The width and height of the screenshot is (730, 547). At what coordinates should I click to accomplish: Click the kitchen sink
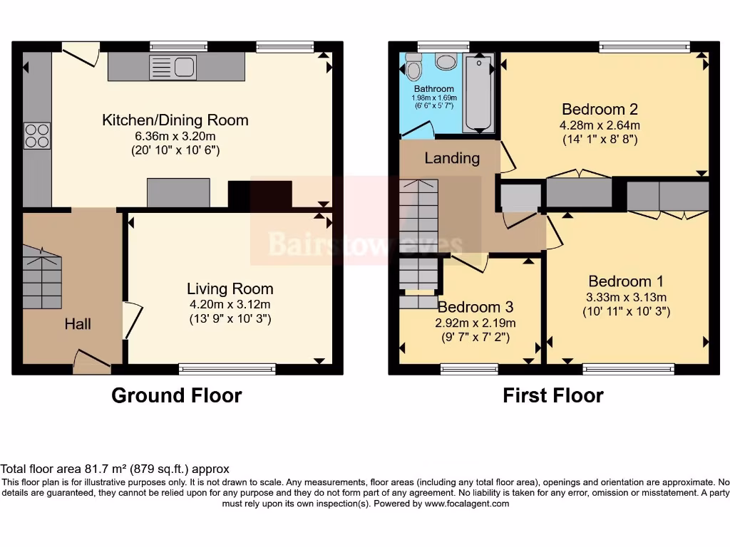click(x=174, y=67)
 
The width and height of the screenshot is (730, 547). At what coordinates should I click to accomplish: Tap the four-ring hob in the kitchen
click(x=37, y=135)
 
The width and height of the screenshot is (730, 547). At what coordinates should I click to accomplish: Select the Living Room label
click(x=230, y=288)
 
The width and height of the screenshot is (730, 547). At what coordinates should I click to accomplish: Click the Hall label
click(x=78, y=324)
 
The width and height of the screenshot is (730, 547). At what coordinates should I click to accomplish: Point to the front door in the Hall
click(x=92, y=363)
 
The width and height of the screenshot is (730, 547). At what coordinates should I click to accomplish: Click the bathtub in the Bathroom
click(x=478, y=93)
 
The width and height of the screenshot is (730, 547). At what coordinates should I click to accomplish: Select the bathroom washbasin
click(x=446, y=61)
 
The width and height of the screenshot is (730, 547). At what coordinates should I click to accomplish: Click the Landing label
click(x=452, y=158)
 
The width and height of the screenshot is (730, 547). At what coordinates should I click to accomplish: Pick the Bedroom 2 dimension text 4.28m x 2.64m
click(x=600, y=125)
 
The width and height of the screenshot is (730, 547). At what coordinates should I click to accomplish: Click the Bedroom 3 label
click(x=475, y=307)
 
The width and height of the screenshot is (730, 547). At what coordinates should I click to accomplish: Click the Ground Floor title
click(x=176, y=395)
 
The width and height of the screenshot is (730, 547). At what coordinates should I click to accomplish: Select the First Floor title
click(x=553, y=395)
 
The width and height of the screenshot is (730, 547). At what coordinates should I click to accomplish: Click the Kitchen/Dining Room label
click(x=175, y=120)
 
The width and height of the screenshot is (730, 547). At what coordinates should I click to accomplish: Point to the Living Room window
click(x=227, y=368)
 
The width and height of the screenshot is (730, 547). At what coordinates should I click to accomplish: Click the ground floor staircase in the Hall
click(x=42, y=278)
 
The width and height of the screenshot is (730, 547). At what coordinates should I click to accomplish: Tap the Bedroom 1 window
click(x=628, y=368)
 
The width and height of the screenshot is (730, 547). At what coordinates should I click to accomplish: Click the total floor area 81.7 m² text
click(x=115, y=469)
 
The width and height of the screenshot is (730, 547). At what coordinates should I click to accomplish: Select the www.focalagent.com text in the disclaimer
click(x=467, y=504)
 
